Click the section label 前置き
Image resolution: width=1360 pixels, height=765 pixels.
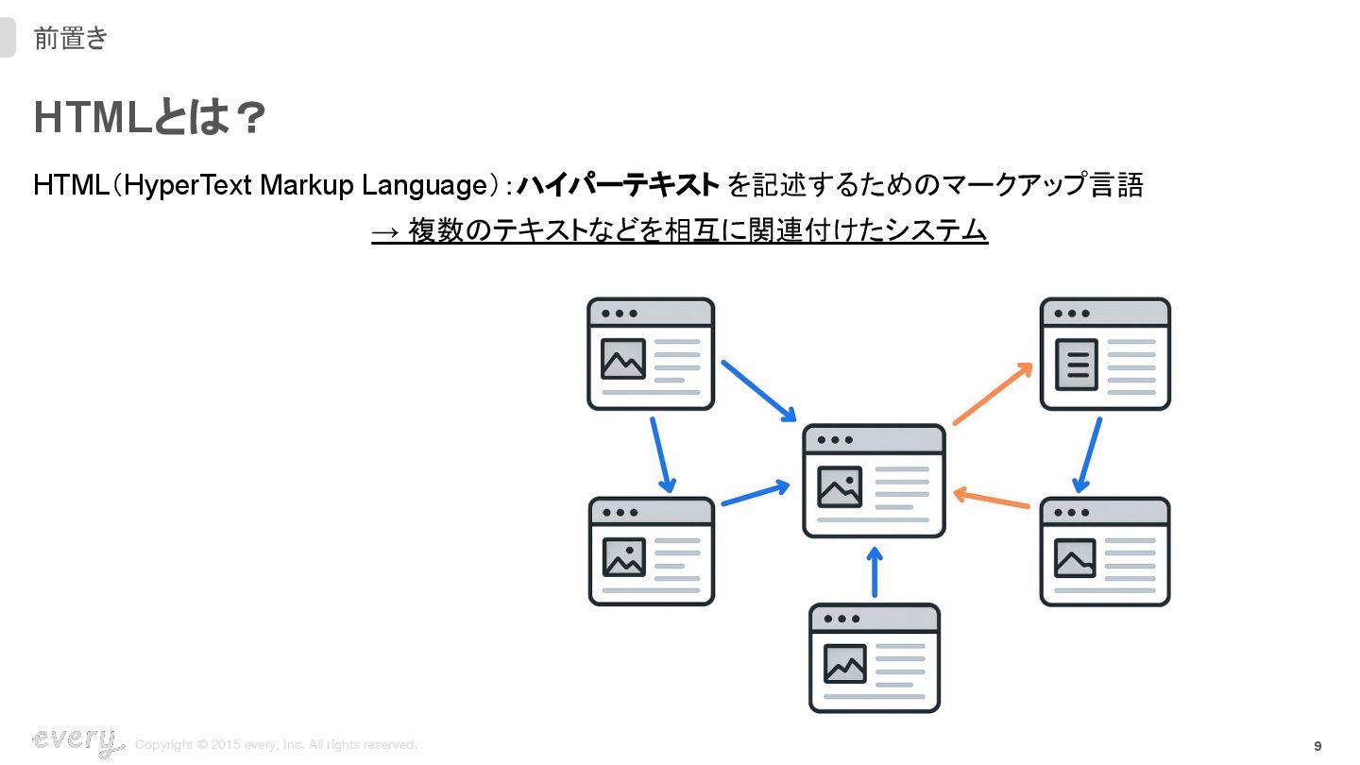pyautogui.click(x=71, y=39)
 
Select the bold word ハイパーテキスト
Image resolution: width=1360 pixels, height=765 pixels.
pyautogui.click(x=619, y=185)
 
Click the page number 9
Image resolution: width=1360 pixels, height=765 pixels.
pyautogui.click(x=1317, y=746)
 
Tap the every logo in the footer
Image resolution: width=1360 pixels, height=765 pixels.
pyautogui.click(x=78, y=741)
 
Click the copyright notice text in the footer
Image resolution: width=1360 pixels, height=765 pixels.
pyautogui.click(x=276, y=745)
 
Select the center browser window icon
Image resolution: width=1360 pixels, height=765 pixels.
pyautogui.click(x=874, y=481)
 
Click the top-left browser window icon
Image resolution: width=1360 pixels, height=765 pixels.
pyautogui.click(x=651, y=354)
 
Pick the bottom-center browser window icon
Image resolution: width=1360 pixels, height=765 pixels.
pyautogui.click(x=875, y=658)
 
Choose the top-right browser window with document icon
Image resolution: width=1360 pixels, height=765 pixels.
pyautogui.click(x=1105, y=354)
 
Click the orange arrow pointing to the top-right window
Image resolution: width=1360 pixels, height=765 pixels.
pyautogui.click(x=993, y=393)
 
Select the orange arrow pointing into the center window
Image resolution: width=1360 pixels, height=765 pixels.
pyautogui.click(x=991, y=499)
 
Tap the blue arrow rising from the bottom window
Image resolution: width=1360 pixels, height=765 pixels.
pyautogui.click(x=875, y=571)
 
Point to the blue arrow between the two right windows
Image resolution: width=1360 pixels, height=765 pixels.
pyautogui.click(x=1089, y=455)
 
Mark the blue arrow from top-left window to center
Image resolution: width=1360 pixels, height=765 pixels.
pyautogui.click(x=759, y=391)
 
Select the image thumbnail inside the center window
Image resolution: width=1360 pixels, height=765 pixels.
pyautogui.click(x=840, y=486)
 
